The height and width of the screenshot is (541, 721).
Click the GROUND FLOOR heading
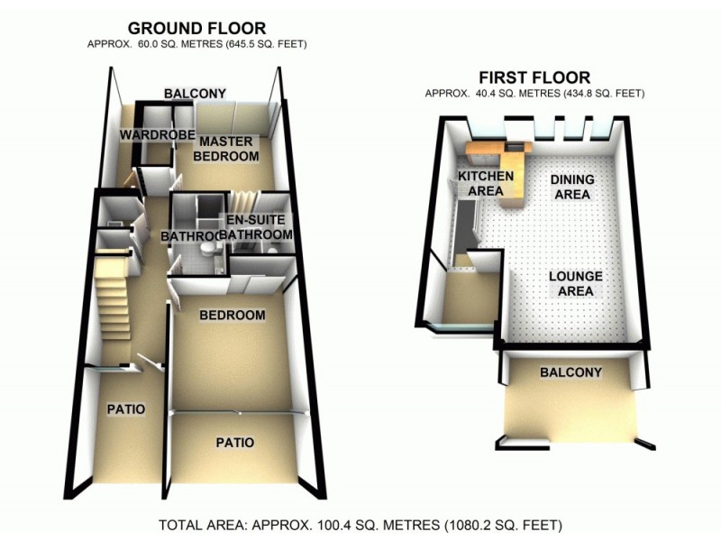[x=196, y=28]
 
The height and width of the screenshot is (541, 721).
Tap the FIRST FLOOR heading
[x=535, y=78]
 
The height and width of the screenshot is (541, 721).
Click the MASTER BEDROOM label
[x=229, y=149]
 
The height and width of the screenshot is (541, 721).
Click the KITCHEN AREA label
[x=487, y=182]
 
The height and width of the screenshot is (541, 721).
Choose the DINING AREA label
[x=570, y=187]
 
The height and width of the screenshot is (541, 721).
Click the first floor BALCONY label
[x=570, y=372]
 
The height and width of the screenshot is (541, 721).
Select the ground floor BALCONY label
[x=194, y=93]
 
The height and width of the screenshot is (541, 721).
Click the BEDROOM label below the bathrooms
[x=233, y=316]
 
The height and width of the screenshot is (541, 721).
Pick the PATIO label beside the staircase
[x=126, y=408]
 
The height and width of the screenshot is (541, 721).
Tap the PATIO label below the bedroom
[x=234, y=443]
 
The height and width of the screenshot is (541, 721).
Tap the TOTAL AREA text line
[x=360, y=524]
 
